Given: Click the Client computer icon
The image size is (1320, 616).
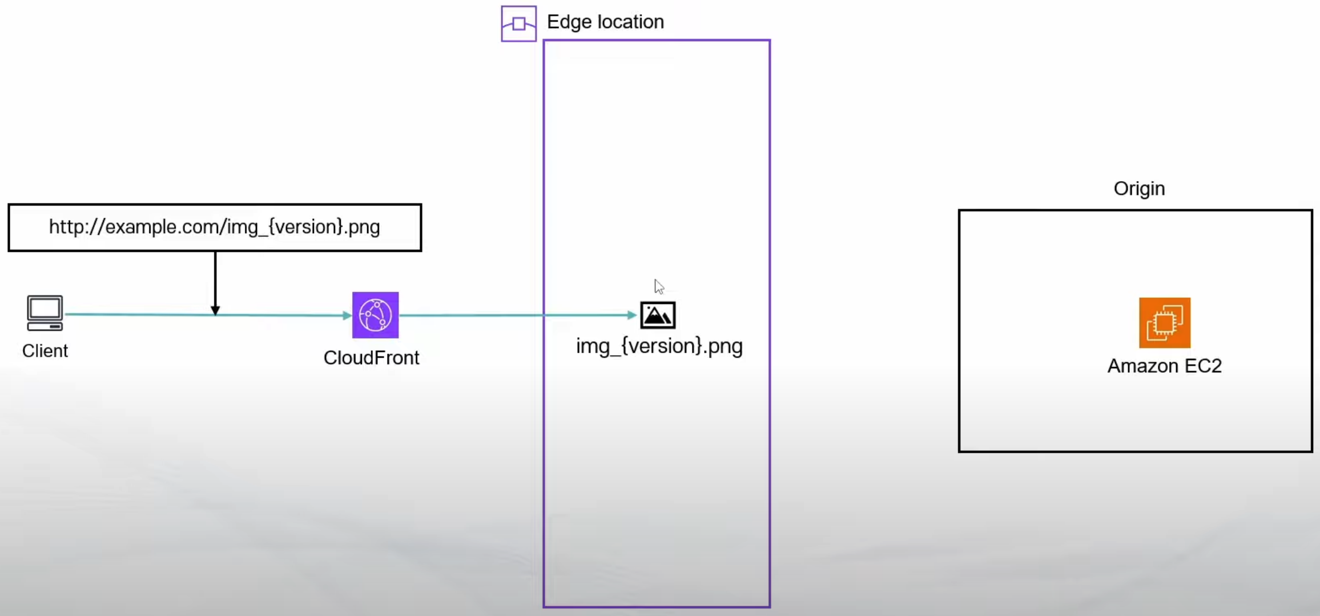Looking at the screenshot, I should [45, 313].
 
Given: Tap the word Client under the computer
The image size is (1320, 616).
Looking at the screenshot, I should [45, 350].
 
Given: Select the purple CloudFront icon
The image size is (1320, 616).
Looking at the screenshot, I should [375, 315].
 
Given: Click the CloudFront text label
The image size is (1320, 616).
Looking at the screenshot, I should [371, 358].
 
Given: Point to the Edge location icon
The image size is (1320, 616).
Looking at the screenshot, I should [518, 23].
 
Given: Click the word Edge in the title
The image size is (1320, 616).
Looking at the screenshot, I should [569, 22].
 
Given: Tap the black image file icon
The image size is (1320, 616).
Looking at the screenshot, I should [658, 315].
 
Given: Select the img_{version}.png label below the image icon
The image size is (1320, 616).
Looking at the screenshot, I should [659, 346].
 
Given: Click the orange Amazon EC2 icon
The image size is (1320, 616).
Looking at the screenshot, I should [1164, 322].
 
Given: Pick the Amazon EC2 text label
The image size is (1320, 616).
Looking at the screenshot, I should [1164, 366].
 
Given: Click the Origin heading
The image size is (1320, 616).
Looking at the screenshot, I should [1139, 189].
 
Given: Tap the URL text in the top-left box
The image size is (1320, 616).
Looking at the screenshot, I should [214, 227].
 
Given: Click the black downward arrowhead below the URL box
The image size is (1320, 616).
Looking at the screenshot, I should [215, 310].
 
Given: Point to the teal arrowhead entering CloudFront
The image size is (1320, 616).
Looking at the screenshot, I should [347, 315].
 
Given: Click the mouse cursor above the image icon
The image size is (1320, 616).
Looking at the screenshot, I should [659, 286].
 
